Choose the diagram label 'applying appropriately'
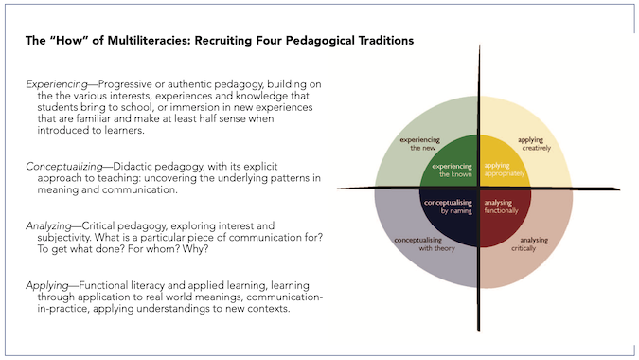coord(503,171)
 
